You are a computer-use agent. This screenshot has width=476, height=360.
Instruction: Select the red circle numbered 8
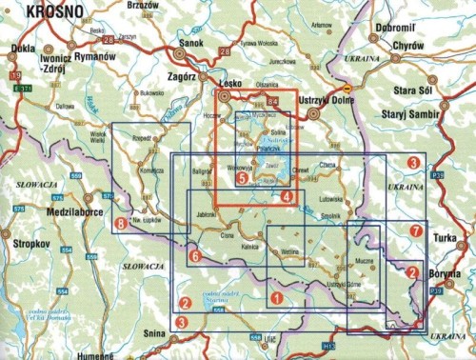point(120,224)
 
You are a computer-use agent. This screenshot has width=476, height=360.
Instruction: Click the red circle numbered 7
point(414,231)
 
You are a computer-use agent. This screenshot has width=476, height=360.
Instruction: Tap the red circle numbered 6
point(194,256)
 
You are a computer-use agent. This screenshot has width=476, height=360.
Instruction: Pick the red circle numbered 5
point(242,177)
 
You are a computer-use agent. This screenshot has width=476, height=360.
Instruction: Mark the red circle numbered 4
point(288,196)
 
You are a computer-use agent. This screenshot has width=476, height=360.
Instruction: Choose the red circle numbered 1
point(275,298)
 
